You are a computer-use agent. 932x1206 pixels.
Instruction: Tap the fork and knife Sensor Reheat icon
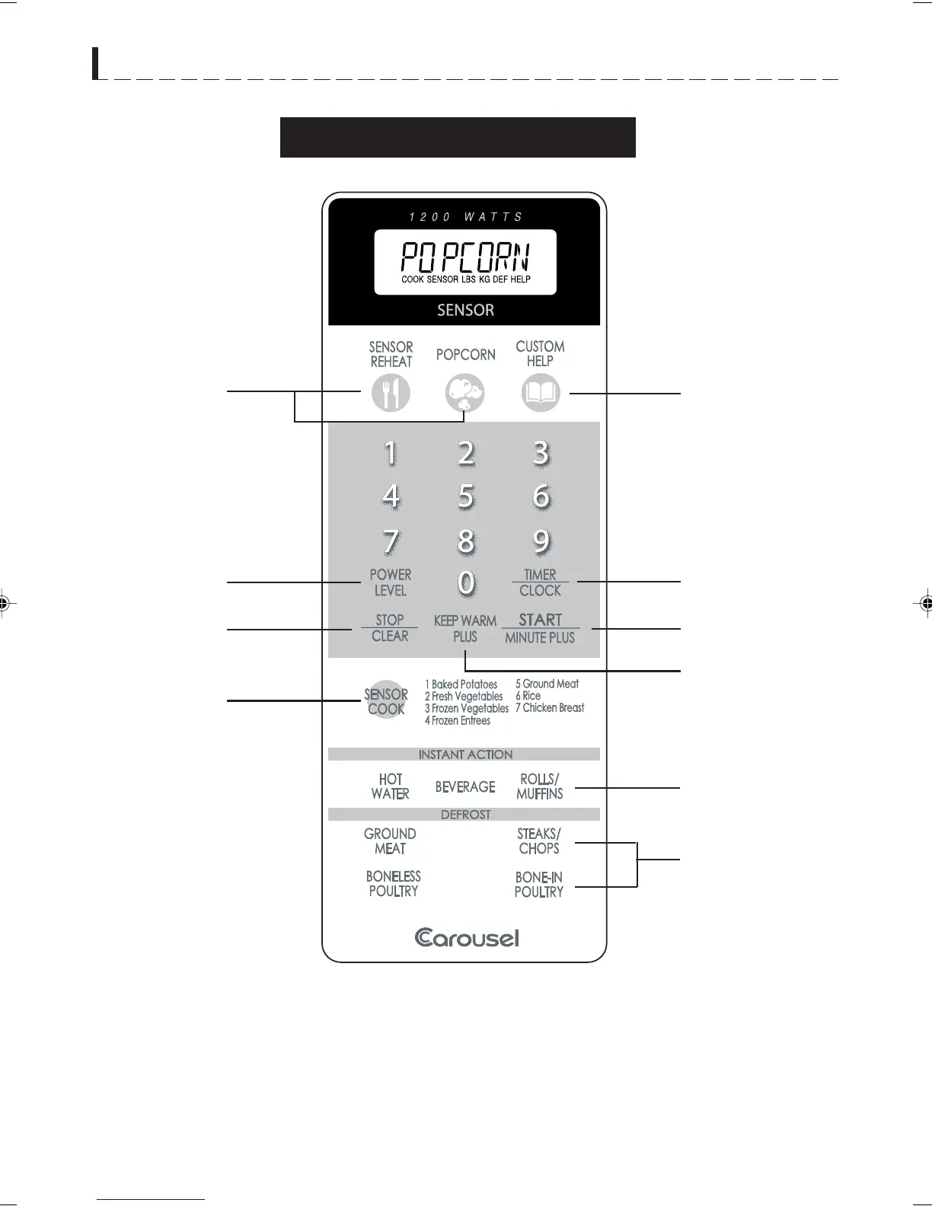tap(391, 393)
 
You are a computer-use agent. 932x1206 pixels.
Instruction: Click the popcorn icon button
tap(464, 393)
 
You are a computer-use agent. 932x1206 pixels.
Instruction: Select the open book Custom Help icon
tap(541, 393)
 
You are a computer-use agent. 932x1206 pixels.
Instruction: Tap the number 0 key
tap(466, 584)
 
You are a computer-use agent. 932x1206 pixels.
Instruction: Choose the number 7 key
tap(391, 541)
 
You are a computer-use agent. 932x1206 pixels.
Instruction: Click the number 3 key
tap(541, 453)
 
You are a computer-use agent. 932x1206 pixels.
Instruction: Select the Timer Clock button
tap(540, 582)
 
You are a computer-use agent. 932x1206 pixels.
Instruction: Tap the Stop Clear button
tap(390, 628)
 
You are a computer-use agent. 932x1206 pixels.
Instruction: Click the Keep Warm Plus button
tap(465, 629)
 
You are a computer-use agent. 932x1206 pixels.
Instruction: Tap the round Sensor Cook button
tap(387, 700)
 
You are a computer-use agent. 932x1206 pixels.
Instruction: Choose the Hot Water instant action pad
tap(391, 786)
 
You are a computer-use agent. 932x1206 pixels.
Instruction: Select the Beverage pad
tap(465, 786)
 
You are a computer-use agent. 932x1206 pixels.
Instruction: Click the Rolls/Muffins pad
tap(539, 786)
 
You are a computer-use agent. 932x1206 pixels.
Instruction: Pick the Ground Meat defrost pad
tap(390, 841)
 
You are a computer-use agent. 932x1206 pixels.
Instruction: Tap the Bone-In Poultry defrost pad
tap(538, 885)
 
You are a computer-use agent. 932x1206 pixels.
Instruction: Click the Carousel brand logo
tap(467, 937)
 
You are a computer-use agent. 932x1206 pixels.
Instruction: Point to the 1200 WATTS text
tap(465, 217)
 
